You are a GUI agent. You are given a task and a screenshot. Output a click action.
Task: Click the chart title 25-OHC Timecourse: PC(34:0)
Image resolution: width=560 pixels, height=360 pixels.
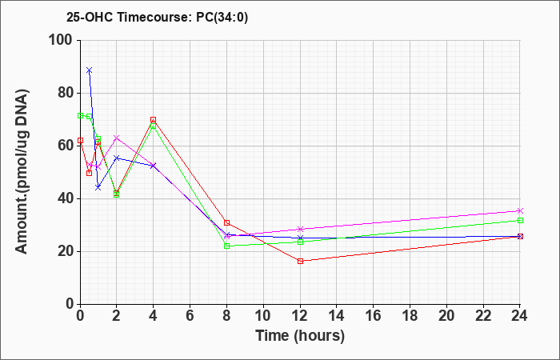coord(157,18)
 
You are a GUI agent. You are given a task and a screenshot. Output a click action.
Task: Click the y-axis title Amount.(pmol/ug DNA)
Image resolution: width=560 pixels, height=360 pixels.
coord(22,172)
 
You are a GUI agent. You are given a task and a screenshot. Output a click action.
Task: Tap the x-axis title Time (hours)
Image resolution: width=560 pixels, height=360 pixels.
coord(300,336)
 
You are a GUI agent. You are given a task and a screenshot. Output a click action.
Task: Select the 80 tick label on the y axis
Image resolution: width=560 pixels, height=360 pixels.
coord(66,94)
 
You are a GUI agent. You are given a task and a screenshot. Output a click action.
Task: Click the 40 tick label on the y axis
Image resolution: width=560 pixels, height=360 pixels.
coord(66,199)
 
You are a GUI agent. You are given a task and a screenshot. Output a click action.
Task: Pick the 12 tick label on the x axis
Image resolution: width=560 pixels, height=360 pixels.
coord(300,316)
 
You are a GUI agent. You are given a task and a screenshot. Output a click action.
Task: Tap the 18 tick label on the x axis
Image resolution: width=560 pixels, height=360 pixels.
coord(410,316)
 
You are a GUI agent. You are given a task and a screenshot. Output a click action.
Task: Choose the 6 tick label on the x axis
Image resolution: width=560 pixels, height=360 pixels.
coord(190,316)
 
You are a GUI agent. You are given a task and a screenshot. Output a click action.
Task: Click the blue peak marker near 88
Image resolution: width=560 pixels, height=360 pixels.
coord(90,70)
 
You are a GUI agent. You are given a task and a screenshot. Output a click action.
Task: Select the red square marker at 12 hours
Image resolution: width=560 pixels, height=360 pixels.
coord(300,261)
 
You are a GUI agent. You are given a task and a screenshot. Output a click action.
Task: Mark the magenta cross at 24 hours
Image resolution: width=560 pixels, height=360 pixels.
coord(520,210)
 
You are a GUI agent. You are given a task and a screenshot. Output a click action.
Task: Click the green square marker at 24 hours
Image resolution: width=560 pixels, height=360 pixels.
coord(520,220)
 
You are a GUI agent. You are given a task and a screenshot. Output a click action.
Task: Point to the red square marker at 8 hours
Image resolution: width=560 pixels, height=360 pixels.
coord(226,223)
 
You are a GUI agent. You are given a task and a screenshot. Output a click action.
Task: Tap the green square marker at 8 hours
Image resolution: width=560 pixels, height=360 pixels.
coord(226,246)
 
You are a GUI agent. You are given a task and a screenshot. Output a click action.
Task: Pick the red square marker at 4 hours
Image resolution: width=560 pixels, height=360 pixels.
coord(154,120)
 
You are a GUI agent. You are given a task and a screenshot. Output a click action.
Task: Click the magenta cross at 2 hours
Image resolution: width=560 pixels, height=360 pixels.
coord(117,138)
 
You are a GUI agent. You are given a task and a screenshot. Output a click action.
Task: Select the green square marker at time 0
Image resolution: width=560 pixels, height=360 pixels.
coord(80,115)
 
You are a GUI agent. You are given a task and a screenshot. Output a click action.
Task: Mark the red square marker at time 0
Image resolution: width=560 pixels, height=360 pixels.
coord(80,140)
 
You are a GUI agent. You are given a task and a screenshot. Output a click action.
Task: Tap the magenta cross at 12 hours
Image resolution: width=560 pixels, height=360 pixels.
coord(300,229)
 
